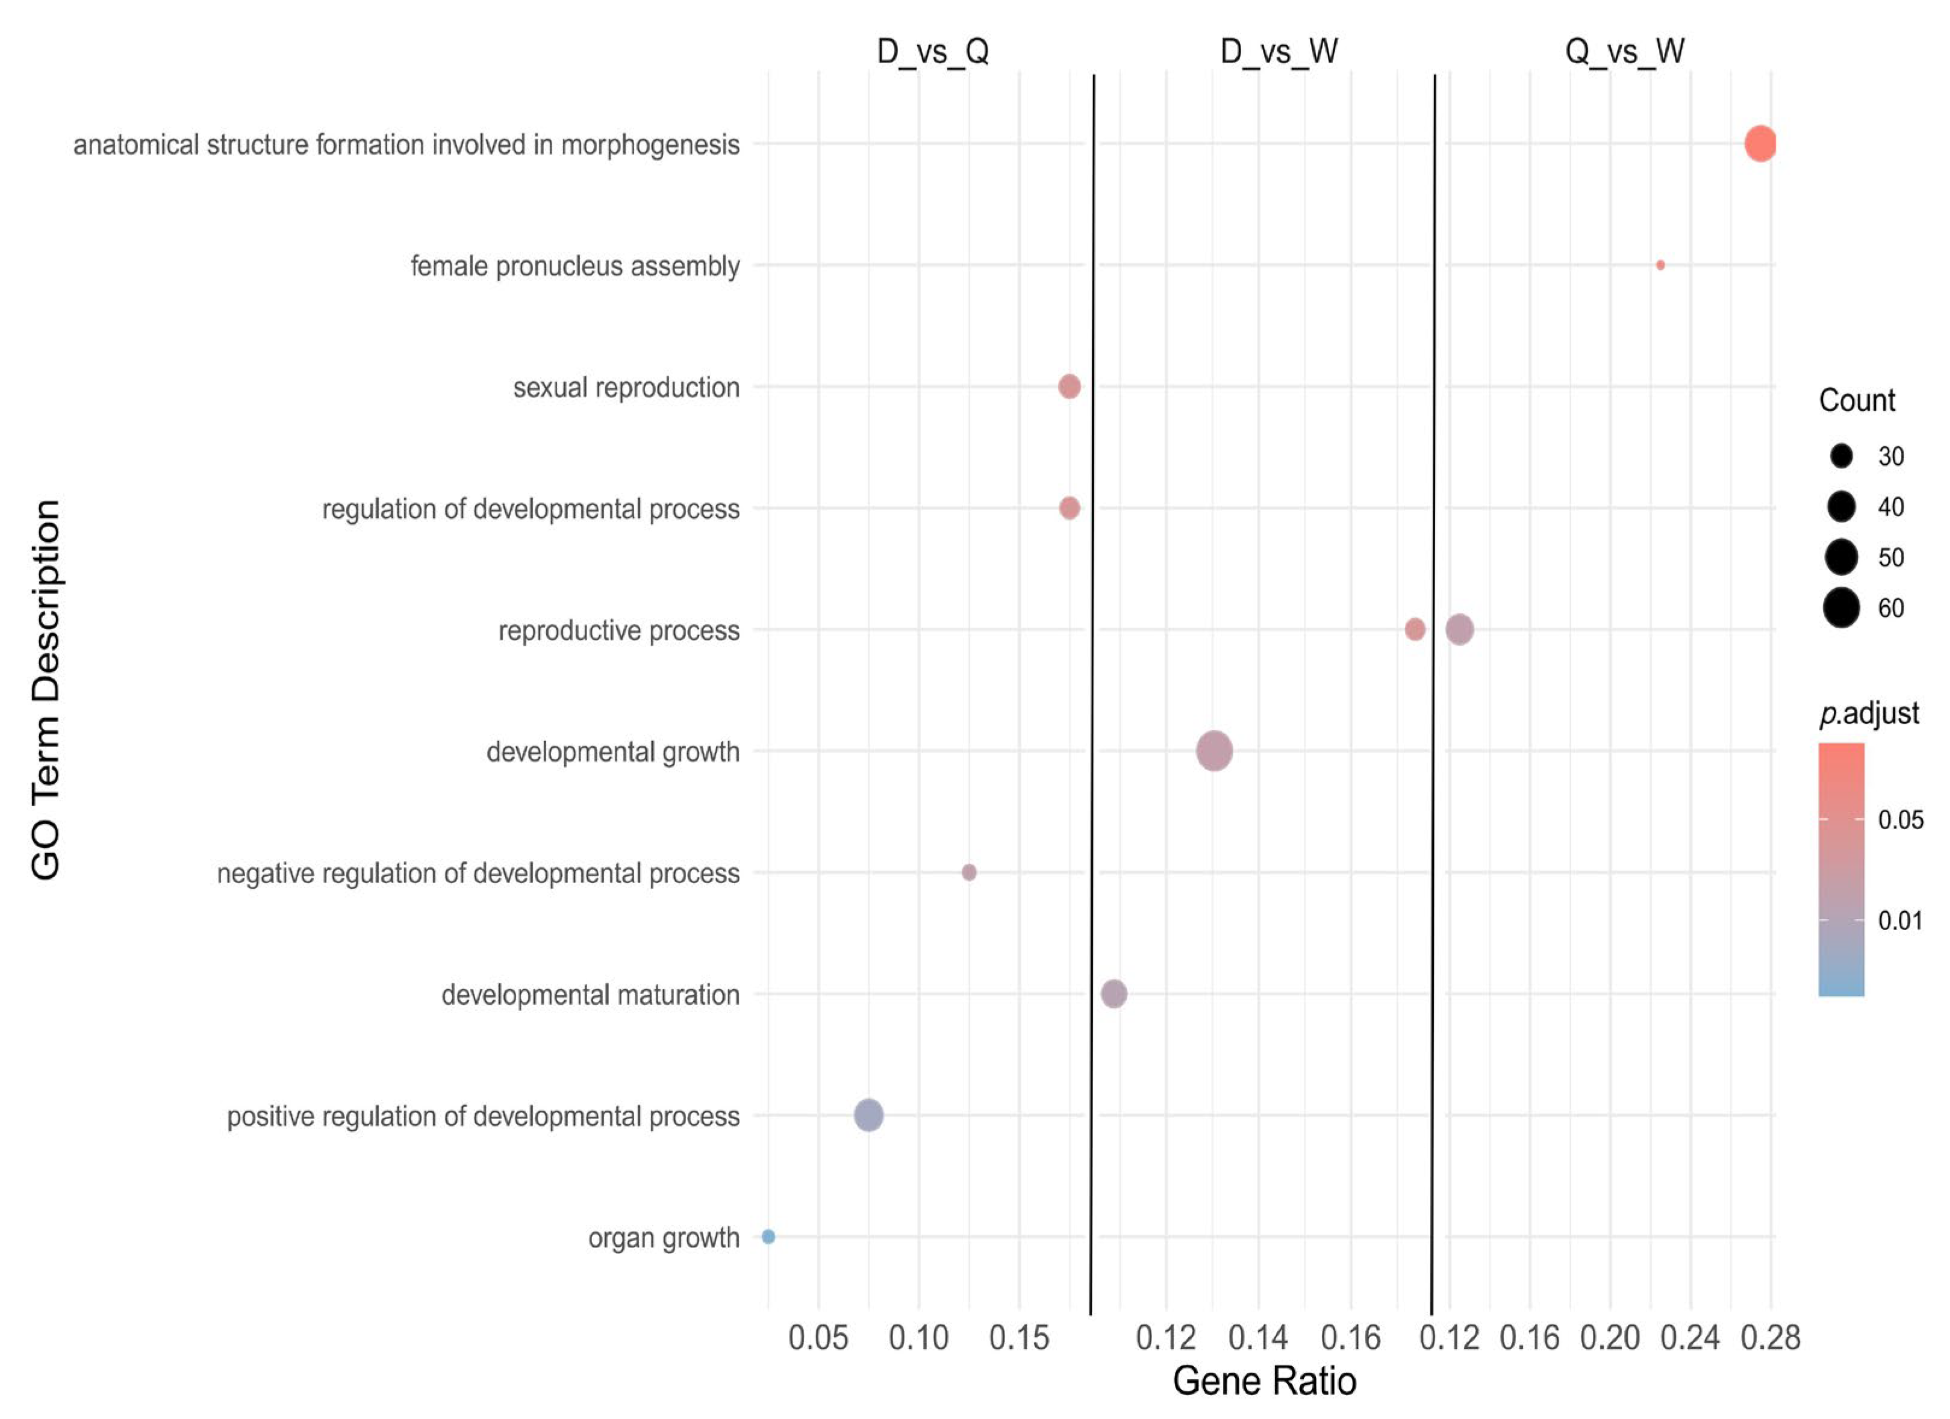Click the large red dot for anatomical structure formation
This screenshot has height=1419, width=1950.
click(1760, 143)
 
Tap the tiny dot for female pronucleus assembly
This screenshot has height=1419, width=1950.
click(1660, 265)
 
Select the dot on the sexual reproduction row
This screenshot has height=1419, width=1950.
click(1069, 387)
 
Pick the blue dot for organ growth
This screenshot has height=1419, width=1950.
click(768, 1237)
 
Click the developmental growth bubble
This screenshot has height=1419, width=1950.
click(1214, 751)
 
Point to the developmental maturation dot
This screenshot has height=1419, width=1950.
click(1114, 995)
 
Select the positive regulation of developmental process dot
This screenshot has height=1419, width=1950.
click(868, 1116)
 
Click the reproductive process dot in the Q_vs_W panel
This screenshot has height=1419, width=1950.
click(1459, 630)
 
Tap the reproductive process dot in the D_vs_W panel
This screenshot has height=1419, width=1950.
click(1415, 630)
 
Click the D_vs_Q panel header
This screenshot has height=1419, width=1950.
click(933, 52)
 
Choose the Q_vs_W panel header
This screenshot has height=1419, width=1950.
click(1624, 52)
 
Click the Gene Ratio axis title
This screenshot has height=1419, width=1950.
click(1264, 1381)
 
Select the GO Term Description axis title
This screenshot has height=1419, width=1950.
click(46, 689)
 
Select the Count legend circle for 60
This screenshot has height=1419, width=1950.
click(1841, 609)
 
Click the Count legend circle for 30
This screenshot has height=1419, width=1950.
click(1841, 456)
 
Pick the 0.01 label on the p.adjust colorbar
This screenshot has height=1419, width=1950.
click(1899, 921)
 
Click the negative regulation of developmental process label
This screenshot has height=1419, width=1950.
click(478, 873)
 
